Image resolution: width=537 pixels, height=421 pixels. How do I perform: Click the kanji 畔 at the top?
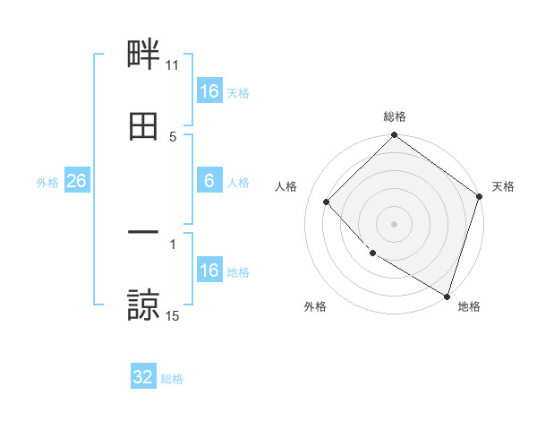(143, 55)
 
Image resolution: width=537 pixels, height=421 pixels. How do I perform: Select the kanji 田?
(143, 126)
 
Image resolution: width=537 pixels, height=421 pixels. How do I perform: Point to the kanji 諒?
(143, 305)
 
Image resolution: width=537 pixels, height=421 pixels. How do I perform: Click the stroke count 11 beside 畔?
(173, 64)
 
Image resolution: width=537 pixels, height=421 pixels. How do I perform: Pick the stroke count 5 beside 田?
(173, 136)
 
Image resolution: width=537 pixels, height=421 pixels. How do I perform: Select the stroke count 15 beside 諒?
(173, 315)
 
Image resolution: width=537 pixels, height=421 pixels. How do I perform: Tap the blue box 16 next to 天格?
(209, 91)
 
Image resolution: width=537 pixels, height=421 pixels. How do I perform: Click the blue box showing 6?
(209, 181)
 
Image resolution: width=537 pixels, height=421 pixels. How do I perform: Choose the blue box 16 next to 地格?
(209, 271)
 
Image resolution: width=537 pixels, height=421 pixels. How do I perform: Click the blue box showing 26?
(77, 181)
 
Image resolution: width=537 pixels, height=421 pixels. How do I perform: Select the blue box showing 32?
(143, 377)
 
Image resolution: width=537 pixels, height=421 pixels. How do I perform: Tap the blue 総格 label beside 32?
(172, 379)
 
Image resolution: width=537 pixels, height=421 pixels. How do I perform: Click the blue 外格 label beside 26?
(47, 183)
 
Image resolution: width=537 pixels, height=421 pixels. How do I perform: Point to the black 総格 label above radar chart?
(395, 116)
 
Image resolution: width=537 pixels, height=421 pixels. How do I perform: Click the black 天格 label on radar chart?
(503, 186)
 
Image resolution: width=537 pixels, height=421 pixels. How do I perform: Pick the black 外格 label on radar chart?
(315, 307)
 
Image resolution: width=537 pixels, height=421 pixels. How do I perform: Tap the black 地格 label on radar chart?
(469, 307)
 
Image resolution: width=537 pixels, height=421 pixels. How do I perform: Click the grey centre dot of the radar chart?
(395, 223)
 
